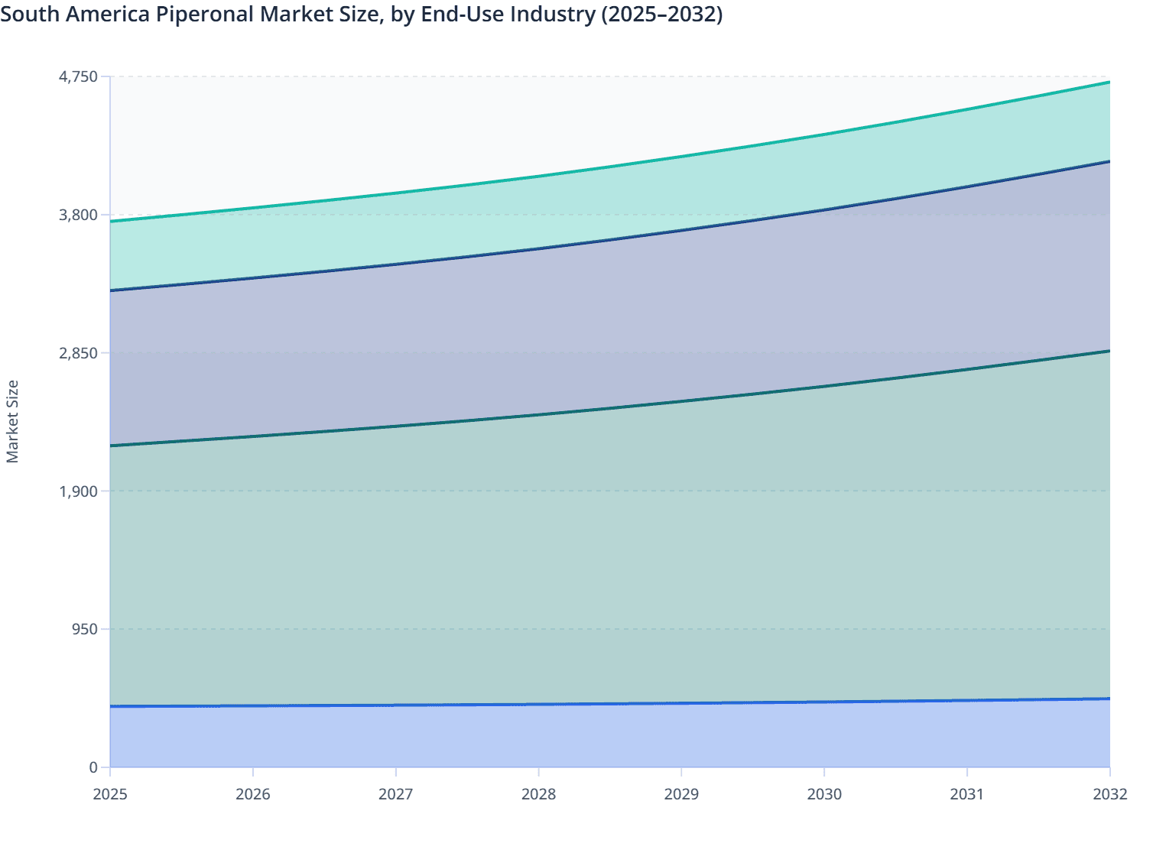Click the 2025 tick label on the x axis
click(110, 794)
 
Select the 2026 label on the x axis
click(253, 794)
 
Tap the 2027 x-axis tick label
click(396, 794)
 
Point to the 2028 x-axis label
click(538, 794)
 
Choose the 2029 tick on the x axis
click(681, 794)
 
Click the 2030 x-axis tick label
click(824, 794)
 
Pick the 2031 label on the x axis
click(967, 794)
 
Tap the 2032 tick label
click(1109, 794)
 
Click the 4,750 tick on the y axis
click(78, 76)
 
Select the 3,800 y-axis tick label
click(78, 215)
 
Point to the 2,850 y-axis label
click(78, 353)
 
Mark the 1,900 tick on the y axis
click(78, 491)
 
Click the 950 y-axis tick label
click(83, 629)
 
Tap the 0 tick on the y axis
click(93, 767)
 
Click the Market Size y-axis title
click(12, 422)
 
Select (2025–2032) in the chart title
click(661, 14)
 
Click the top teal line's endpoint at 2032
click(1109, 82)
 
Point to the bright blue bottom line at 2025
click(111, 706)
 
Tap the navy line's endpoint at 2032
click(1109, 161)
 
